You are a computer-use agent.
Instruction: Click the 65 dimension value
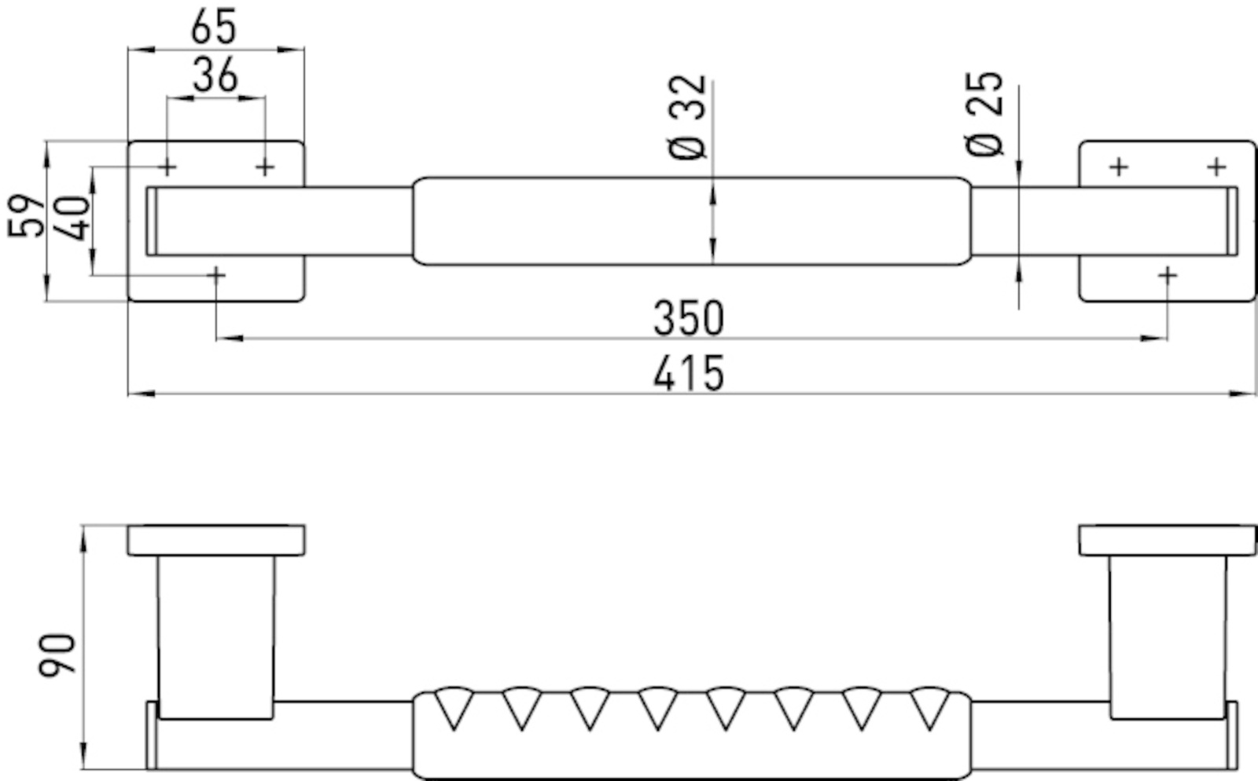coord(213,27)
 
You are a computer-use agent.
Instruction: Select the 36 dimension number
coord(215,75)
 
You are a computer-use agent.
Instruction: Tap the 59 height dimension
coord(26,216)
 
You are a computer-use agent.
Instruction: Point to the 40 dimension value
coord(72,218)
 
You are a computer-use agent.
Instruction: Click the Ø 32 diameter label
coord(687,117)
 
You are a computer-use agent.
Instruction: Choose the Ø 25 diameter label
coord(984,114)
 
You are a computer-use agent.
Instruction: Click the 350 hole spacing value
coord(689,319)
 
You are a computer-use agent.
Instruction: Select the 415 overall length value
coord(689,373)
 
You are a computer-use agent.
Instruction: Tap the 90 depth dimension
coord(57,654)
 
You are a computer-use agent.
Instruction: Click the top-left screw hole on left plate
coord(167,167)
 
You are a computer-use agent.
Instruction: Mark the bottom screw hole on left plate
coord(216,274)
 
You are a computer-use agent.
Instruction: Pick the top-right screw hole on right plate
coord(1217,167)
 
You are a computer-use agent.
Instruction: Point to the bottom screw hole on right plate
coord(1168,275)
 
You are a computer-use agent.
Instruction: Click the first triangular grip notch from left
coord(454,707)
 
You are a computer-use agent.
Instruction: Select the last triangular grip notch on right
coord(930,707)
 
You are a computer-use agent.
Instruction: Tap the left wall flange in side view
coord(216,541)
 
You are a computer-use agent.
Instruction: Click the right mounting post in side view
coord(1168,637)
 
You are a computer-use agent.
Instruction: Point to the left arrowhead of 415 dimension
coord(142,394)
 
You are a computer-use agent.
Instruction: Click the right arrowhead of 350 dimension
coord(1153,339)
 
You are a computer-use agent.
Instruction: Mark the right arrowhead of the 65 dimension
coord(291,50)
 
